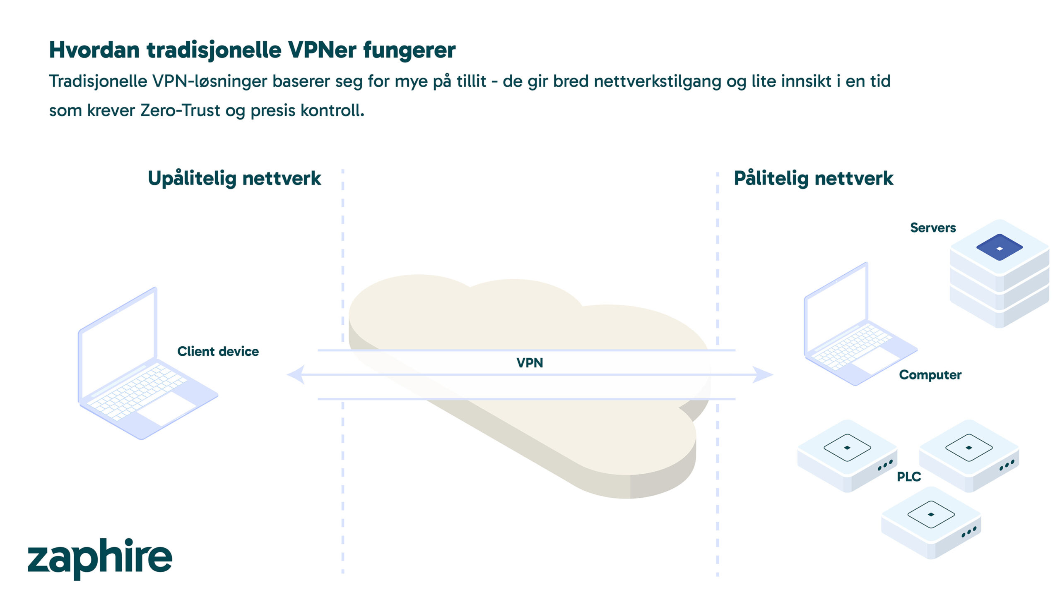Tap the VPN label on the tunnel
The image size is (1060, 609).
click(x=530, y=363)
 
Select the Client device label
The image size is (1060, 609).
click(x=218, y=351)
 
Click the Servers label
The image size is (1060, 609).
click(x=933, y=228)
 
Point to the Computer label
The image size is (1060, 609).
click(x=930, y=375)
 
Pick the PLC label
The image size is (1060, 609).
click(x=908, y=477)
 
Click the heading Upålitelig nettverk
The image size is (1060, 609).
click(x=234, y=179)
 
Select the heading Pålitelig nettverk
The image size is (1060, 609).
click(x=814, y=179)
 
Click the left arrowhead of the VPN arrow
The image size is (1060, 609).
click(x=296, y=374)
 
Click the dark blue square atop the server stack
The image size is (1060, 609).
click(x=999, y=247)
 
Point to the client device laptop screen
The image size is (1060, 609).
click(x=118, y=343)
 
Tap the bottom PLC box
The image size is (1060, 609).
click(x=931, y=523)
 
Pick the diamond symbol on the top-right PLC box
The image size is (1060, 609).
click(x=969, y=448)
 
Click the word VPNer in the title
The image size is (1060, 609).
click(x=322, y=50)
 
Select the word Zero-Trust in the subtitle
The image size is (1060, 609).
click(x=181, y=110)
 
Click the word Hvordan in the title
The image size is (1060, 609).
click(x=94, y=50)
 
